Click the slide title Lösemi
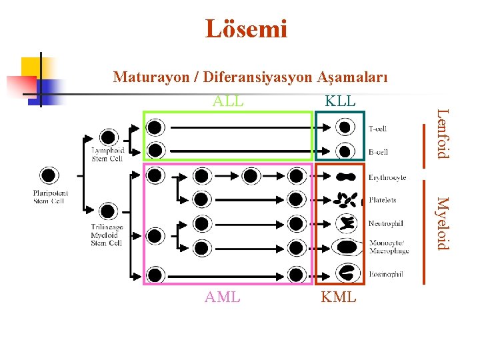[246, 29]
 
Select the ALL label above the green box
[228, 101]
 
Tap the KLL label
[340, 101]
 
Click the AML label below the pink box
[223, 297]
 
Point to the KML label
[339, 297]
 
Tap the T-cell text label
[377, 129]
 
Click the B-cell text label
[378, 152]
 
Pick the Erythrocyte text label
[387, 178]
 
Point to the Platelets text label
[383, 200]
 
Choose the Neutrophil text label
[385, 224]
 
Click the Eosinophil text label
[385, 274]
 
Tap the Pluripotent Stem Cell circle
[49, 175]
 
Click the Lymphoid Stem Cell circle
[107, 137]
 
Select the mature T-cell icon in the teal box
[344, 127]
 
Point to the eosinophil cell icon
[346, 272]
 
